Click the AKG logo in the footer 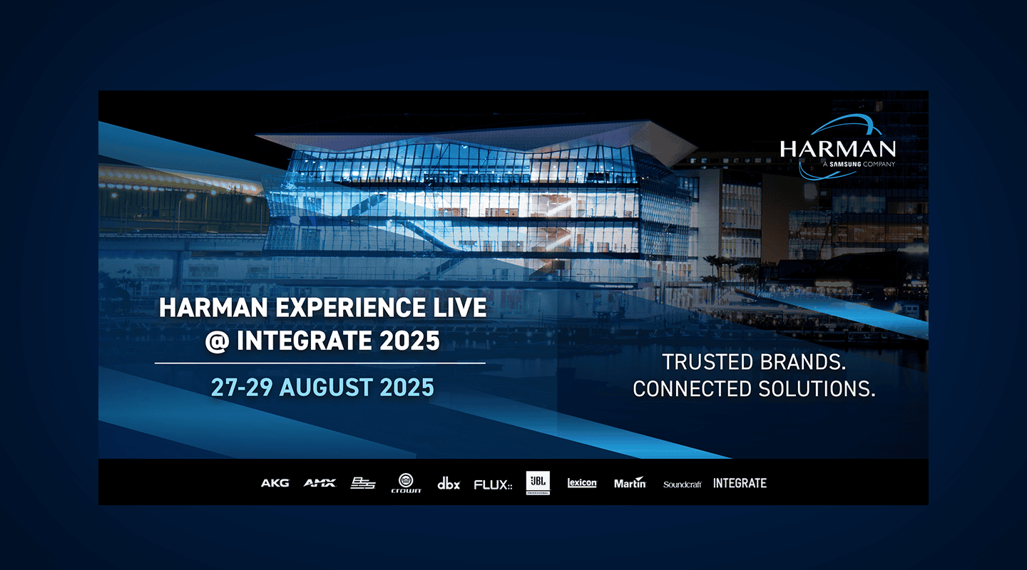[275, 483]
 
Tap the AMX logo [320, 483]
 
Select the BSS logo [362, 483]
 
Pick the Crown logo [406, 483]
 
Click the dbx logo [449, 483]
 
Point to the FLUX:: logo [493, 484]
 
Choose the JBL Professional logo [538, 483]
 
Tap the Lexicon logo [582, 483]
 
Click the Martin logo [630, 482]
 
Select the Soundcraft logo [683, 484]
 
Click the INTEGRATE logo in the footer [740, 483]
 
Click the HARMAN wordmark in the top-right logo [837, 149]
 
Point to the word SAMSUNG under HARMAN [845, 164]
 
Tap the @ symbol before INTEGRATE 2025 [216, 341]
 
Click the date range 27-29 [242, 387]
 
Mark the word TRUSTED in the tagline [707, 362]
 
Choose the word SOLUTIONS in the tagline [817, 388]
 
